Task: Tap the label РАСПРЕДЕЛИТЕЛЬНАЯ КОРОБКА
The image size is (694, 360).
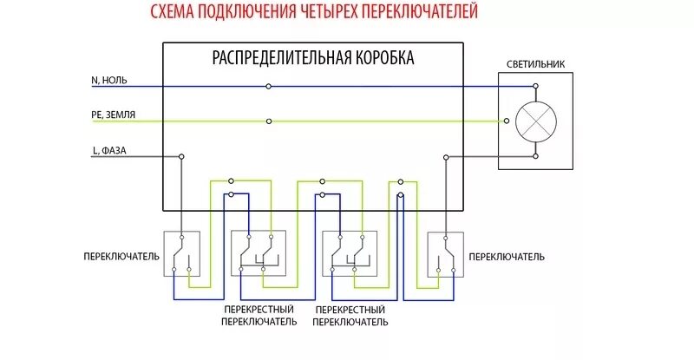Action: click(313, 58)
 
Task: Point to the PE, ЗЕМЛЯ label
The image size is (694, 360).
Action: click(113, 115)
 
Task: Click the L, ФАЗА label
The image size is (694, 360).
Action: click(109, 150)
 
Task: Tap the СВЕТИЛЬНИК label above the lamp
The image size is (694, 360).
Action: click(535, 64)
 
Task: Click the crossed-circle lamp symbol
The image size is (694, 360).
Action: click(535, 121)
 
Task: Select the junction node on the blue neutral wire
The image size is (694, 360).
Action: click(269, 87)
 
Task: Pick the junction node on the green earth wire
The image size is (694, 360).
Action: click(269, 121)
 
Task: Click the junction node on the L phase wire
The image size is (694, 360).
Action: click(181, 157)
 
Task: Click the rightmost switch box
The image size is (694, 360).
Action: click(446, 254)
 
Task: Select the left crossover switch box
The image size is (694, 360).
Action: click(259, 253)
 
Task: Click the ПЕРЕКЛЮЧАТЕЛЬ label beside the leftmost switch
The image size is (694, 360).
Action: click(121, 258)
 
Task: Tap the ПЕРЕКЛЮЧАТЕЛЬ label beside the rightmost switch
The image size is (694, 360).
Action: click(507, 258)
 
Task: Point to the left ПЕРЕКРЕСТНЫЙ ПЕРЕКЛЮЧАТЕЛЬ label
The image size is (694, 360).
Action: click(259, 315)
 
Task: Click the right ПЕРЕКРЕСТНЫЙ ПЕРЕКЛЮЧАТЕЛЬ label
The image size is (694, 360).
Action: click(350, 315)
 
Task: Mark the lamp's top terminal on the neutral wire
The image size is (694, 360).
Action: click(535, 87)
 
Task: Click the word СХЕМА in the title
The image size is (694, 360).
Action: click(171, 12)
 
